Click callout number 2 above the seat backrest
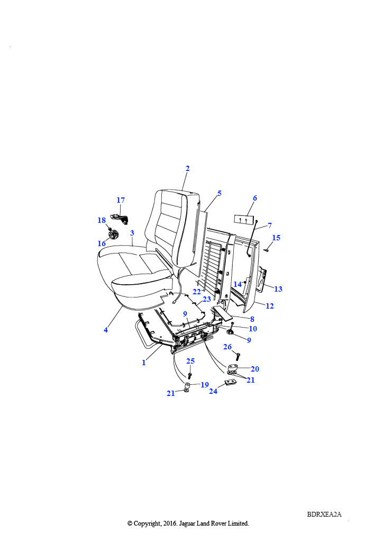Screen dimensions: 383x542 coord(187,168)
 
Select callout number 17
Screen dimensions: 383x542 coord(121,200)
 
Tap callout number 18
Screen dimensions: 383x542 coord(102,220)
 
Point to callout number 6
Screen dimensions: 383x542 coord(255,198)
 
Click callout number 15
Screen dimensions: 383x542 coord(276,238)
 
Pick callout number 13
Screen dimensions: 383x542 coord(278,289)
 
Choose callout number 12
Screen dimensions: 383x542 coord(270,306)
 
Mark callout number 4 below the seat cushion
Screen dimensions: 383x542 coord(106,330)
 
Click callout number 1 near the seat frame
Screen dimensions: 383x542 coord(144,363)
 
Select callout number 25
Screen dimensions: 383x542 coord(190,361)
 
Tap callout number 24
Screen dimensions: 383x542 coord(213,391)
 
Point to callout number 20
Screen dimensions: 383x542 coord(255,369)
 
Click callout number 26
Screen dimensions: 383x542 coord(227,347)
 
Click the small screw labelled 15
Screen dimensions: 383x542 coord(266,250)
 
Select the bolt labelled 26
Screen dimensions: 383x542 coord(238,356)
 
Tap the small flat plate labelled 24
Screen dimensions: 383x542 coord(231,382)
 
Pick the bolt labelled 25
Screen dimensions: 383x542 coord(189,375)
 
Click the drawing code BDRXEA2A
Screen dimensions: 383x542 coord(324,514)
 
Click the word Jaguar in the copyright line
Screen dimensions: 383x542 coord(188,523)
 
